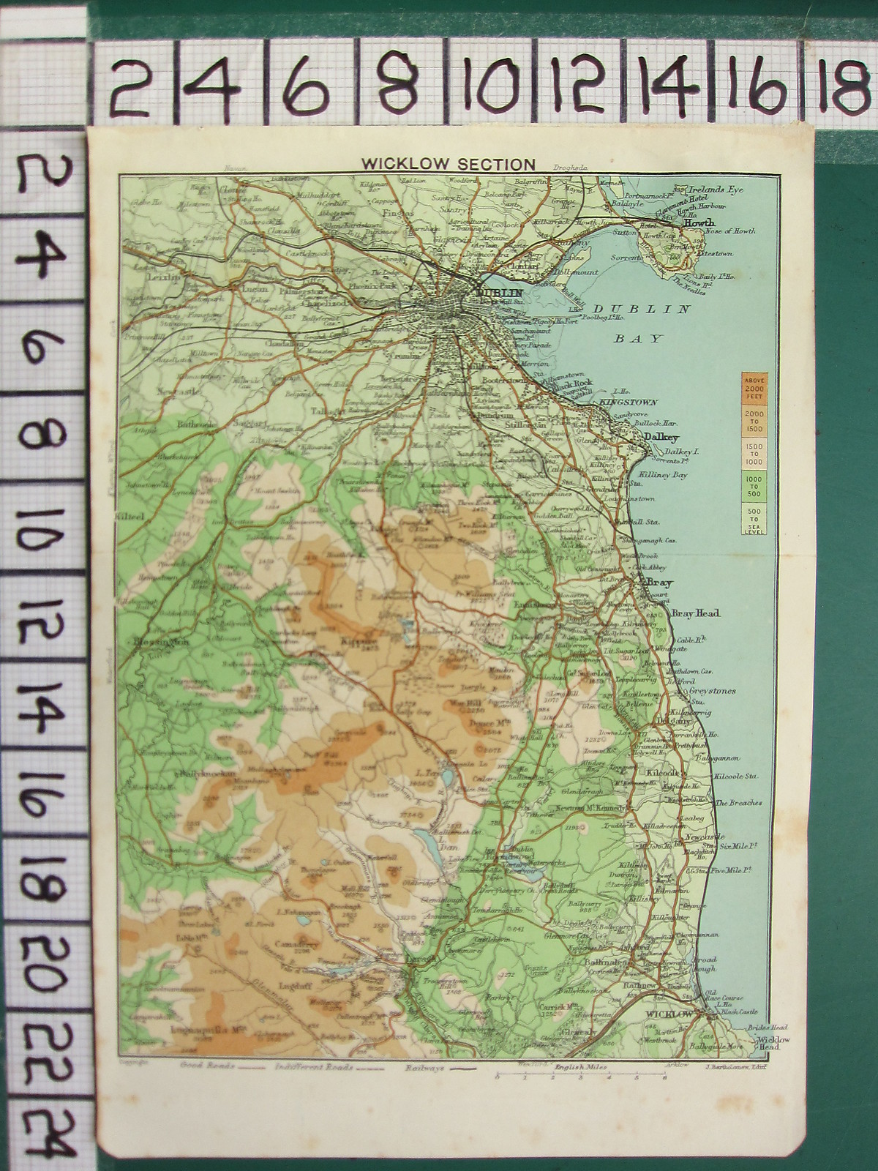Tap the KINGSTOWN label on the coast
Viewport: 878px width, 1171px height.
pyautogui.click(x=629, y=403)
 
